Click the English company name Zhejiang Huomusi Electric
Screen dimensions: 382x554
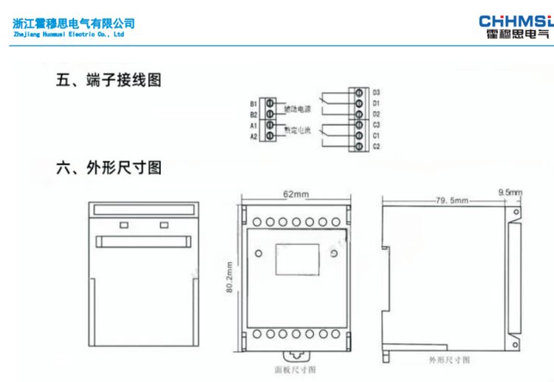click(x=69, y=34)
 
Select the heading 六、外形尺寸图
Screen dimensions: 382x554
click(x=109, y=168)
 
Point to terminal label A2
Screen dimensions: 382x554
click(x=253, y=137)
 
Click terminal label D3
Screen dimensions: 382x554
click(x=376, y=92)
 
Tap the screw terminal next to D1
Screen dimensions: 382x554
click(x=360, y=103)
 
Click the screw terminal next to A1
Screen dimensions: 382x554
click(x=270, y=126)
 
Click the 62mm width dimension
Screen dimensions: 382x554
click(x=295, y=194)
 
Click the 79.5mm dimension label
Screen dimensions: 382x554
click(x=451, y=199)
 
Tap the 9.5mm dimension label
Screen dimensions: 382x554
click(x=510, y=193)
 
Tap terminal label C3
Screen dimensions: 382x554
click(x=376, y=126)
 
